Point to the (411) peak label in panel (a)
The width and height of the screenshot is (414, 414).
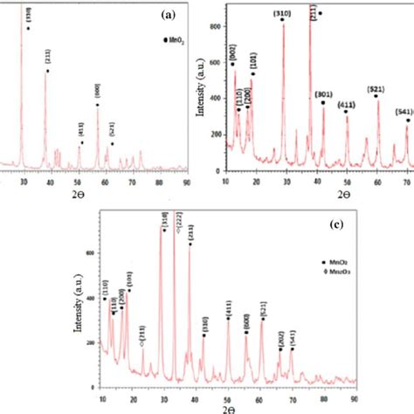tap(80, 134)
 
